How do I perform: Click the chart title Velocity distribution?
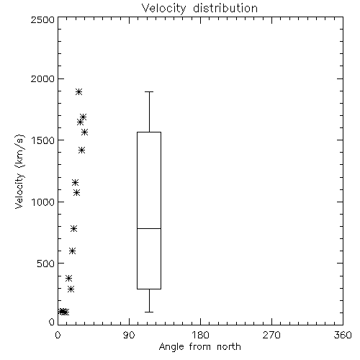pos(199,8)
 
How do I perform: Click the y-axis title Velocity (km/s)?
pos(19,171)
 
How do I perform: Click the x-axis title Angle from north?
pos(199,347)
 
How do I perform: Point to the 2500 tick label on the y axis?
pos(42,19)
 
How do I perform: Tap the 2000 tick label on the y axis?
pos(42,78)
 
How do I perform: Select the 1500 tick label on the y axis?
pos(43,140)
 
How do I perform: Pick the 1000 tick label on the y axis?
pos(43,202)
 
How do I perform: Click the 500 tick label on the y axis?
pos(46,264)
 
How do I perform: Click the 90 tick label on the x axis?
pos(129,335)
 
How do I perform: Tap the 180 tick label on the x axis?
pos(200,335)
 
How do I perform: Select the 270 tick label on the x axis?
pos(271,335)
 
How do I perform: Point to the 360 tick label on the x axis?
pos(343,335)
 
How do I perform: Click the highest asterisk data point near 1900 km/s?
pos(78,91)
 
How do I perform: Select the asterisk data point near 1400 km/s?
pos(82,150)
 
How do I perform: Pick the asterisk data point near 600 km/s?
pos(73,251)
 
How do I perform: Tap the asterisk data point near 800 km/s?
pos(74,229)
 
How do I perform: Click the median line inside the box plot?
pos(149,228)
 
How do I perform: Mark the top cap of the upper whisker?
pos(149,91)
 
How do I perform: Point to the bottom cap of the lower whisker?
pos(149,312)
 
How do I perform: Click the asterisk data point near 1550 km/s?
pos(84,132)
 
